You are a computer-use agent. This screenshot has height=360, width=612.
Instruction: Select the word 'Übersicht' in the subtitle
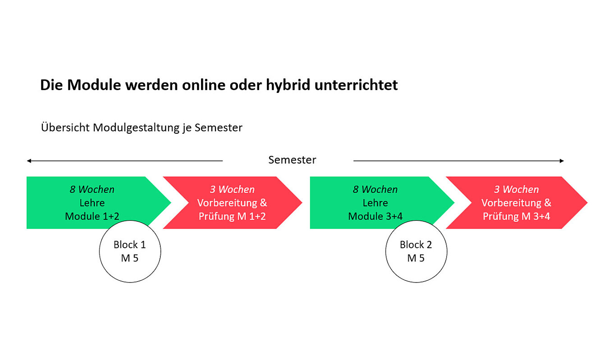pyautogui.click(x=65, y=127)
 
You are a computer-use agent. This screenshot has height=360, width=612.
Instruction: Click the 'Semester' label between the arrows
pyautogui.click(x=292, y=160)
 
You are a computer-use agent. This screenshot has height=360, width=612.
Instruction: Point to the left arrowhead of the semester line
pyautogui.click(x=29, y=161)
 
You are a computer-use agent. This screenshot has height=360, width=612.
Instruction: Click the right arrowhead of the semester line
pyautogui.click(x=562, y=161)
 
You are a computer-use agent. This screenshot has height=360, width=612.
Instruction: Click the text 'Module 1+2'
pyautogui.click(x=92, y=216)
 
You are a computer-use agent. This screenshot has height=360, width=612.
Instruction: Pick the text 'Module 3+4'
pyautogui.click(x=375, y=216)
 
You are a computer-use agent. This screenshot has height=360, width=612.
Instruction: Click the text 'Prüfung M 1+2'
pyautogui.click(x=232, y=216)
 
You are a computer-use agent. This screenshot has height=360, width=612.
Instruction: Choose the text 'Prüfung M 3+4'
pyautogui.click(x=516, y=216)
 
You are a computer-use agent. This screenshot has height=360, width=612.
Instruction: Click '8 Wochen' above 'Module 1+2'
pyautogui.click(x=92, y=189)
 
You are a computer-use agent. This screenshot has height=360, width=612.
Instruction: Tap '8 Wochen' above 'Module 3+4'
pyautogui.click(x=375, y=189)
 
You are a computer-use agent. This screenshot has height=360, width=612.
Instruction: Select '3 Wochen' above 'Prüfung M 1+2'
pyautogui.click(x=232, y=189)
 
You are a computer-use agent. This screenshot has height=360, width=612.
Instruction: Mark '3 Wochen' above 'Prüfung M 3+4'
pyautogui.click(x=516, y=189)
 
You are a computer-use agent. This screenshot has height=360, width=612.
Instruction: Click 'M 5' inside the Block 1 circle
pyautogui.click(x=130, y=258)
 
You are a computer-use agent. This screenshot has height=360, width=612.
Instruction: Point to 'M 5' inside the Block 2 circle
pyautogui.click(x=416, y=258)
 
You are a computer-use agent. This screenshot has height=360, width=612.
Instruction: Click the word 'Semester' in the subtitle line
pyautogui.click(x=218, y=128)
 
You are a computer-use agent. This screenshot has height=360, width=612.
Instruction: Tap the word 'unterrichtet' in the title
pyautogui.click(x=356, y=85)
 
